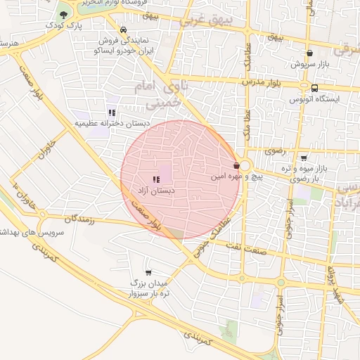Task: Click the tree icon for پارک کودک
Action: [64, 14]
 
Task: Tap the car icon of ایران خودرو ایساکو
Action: [124, 30]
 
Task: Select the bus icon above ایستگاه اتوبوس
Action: [314, 88]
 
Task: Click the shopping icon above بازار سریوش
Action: [309, 53]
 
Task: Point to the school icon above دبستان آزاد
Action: [155, 180]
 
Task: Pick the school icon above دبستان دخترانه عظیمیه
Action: [111, 112]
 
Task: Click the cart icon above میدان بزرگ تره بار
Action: [148, 271]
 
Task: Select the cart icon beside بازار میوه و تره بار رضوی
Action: [304, 158]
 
